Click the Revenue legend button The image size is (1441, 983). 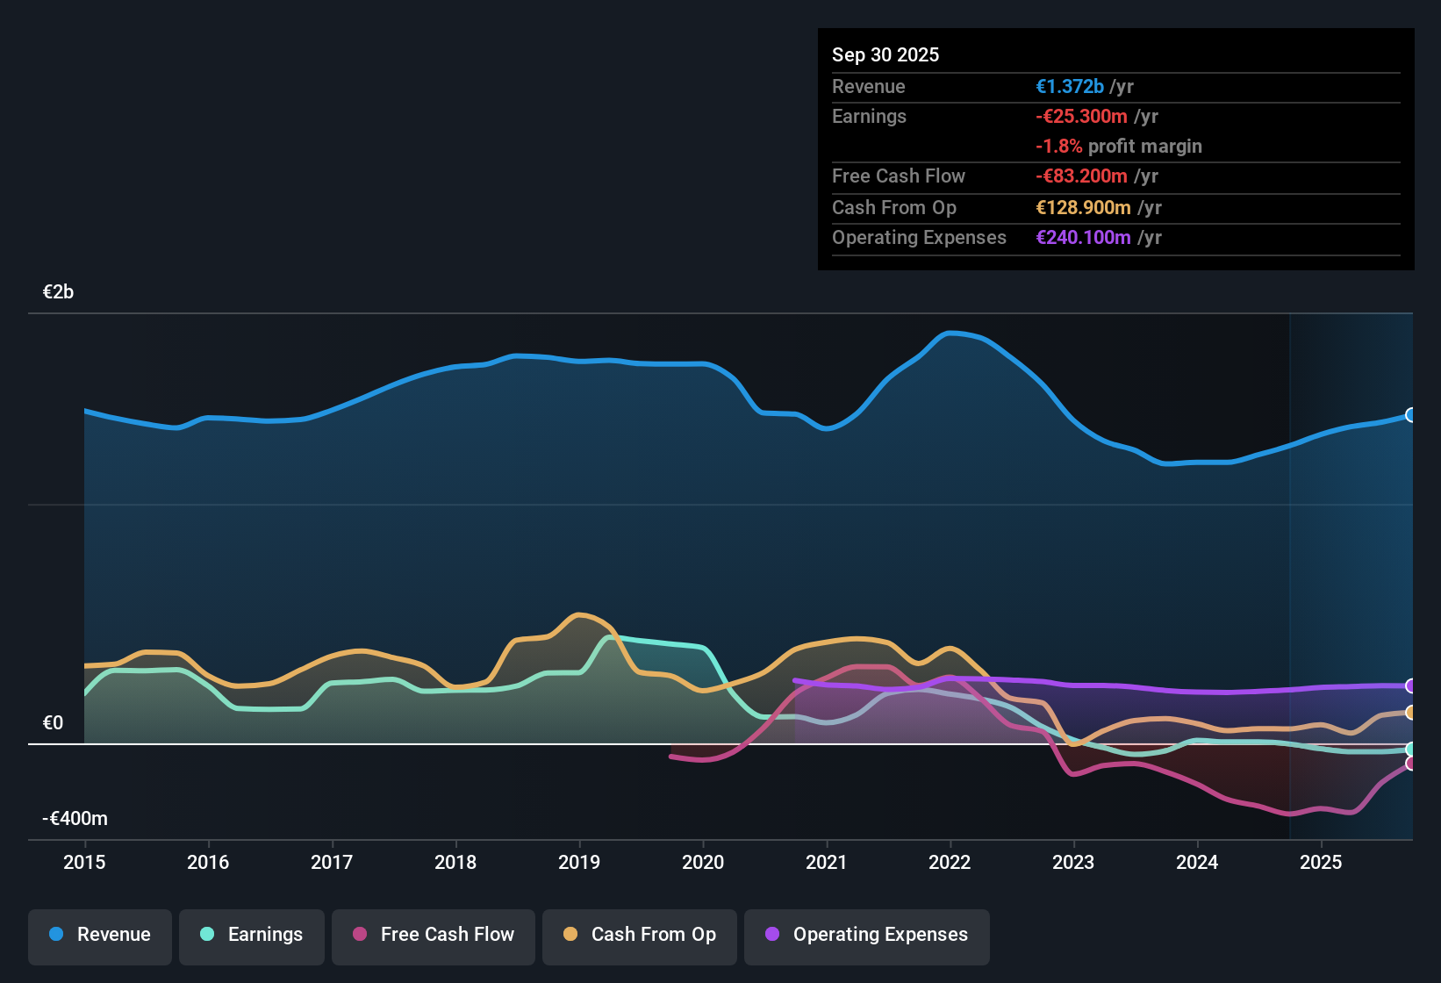point(100,935)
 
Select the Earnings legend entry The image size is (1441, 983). point(252,935)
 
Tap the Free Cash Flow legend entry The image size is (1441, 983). point(434,935)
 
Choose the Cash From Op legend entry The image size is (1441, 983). point(640,935)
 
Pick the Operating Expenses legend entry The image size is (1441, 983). point(867,935)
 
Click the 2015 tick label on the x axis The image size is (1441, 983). point(84,863)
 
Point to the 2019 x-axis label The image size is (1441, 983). point(579,863)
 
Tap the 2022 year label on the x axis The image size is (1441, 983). point(950,863)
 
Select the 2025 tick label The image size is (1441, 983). point(1321,863)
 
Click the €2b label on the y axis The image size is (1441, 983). point(59,292)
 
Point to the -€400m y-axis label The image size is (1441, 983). point(75,819)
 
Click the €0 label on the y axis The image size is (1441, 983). point(54,723)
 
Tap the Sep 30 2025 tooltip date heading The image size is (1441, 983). point(885,55)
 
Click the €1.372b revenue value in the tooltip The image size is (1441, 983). point(1070,87)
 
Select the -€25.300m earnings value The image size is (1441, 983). point(1081,117)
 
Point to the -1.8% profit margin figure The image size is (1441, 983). point(1059,147)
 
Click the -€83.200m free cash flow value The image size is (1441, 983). point(1081,176)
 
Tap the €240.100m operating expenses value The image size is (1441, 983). point(1083,238)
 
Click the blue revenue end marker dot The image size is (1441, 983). point(1410,415)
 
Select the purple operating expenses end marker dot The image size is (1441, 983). point(1410,686)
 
